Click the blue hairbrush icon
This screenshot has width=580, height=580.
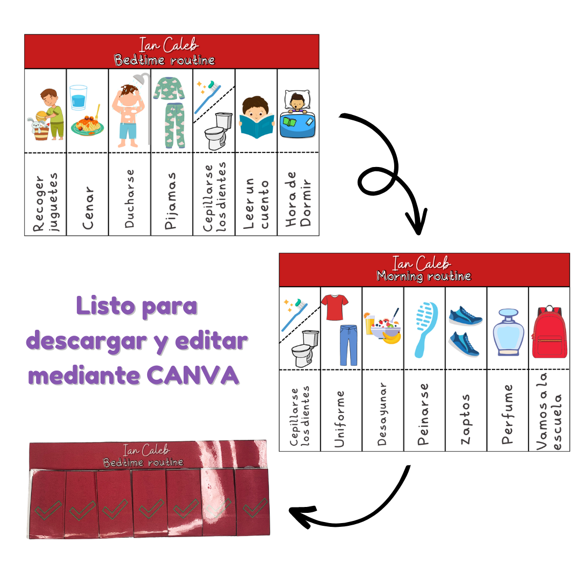(424, 329)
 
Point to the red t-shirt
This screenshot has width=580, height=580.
(334, 308)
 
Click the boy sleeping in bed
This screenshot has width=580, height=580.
(298, 114)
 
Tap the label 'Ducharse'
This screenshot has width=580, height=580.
(129, 199)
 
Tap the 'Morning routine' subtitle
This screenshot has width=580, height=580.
(424, 276)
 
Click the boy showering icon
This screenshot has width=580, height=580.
(129, 110)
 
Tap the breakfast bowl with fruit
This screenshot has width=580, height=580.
(382, 325)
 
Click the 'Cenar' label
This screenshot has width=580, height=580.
(88, 207)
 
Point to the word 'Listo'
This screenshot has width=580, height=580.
(105, 306)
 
